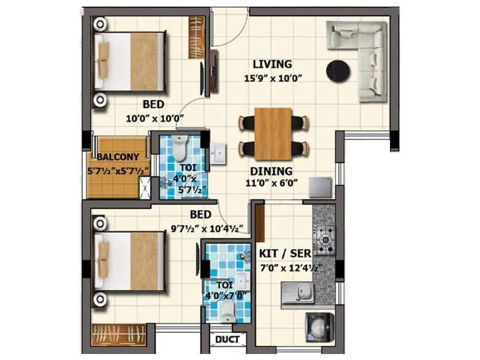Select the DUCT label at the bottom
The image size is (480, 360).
click(x=227, y=340)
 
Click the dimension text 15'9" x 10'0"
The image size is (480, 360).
click(x=272, y=78)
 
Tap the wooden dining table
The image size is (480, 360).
click(x=273, y=134)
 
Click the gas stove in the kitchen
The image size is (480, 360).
click(x=325, y=240)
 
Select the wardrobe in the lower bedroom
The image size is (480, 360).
click(x=119, y=335)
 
